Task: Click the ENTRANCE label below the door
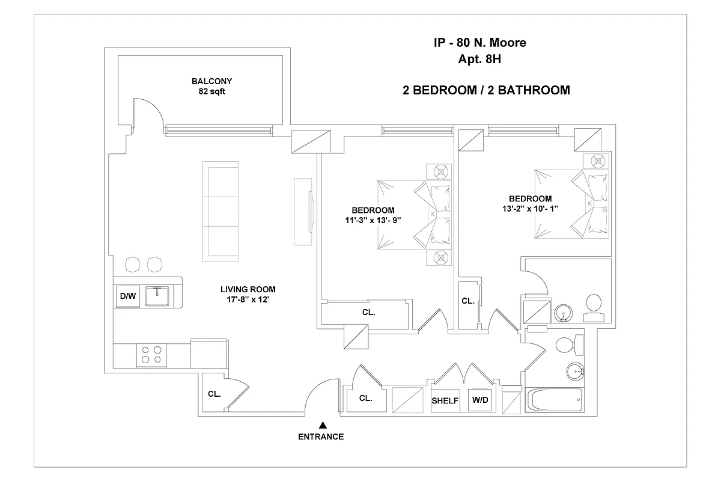(x=321, y=437)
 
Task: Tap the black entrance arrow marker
(x=323, y=424)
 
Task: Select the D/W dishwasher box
(x=127, y=296)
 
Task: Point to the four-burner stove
(x=151, y=355)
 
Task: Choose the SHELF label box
(x=445, y=400)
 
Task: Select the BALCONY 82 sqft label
(x=211, y=87)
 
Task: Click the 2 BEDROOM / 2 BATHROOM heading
(x=485, y=91)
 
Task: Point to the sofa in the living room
(x=221, y=211)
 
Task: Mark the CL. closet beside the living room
(x=214, y=394)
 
